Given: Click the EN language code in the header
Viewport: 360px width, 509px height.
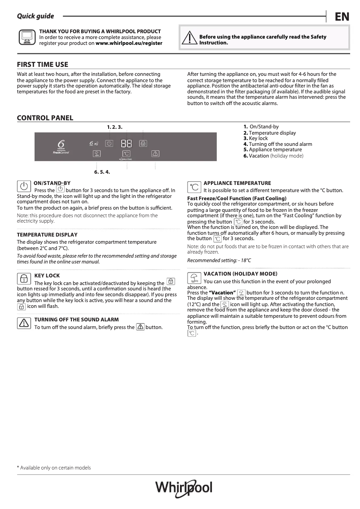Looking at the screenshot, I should pyautogui.click(x=342, y=17).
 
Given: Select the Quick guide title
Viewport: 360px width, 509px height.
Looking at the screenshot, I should pyautogui.click(x=35, y=16).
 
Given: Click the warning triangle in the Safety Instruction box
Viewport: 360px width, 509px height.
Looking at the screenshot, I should pyautogui.click(x=190, y=39).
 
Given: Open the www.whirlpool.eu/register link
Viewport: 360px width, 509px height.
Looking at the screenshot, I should pyautogui.click(x=129, y=44).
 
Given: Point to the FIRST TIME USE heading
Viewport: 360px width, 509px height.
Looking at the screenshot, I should pyautogui.click(x=43, y=64).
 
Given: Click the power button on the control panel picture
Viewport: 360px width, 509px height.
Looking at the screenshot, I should pyautogui.click(x=109, y=143).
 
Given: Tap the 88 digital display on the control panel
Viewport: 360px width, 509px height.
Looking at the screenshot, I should pyautogui.click(x=126, y=144).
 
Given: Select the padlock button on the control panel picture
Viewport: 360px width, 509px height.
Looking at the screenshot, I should pyautogui.click(x=143, y=144).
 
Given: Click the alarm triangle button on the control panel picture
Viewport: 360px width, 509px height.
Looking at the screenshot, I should pyautogui.click(x=155, y=154).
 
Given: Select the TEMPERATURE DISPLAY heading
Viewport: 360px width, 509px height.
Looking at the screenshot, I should pyautogui.click(x=47, y=235).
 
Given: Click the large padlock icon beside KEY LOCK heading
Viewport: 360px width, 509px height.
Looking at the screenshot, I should pyautogui.click(x=24, y=279).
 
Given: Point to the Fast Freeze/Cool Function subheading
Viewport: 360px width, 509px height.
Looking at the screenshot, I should pyautogui.click(x=237, y=198).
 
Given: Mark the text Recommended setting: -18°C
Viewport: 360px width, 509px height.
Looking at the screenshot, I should pyautogui.click(x=219, y=260).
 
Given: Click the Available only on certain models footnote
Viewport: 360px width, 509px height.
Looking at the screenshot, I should pyautogui.click(x=54, y=468).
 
